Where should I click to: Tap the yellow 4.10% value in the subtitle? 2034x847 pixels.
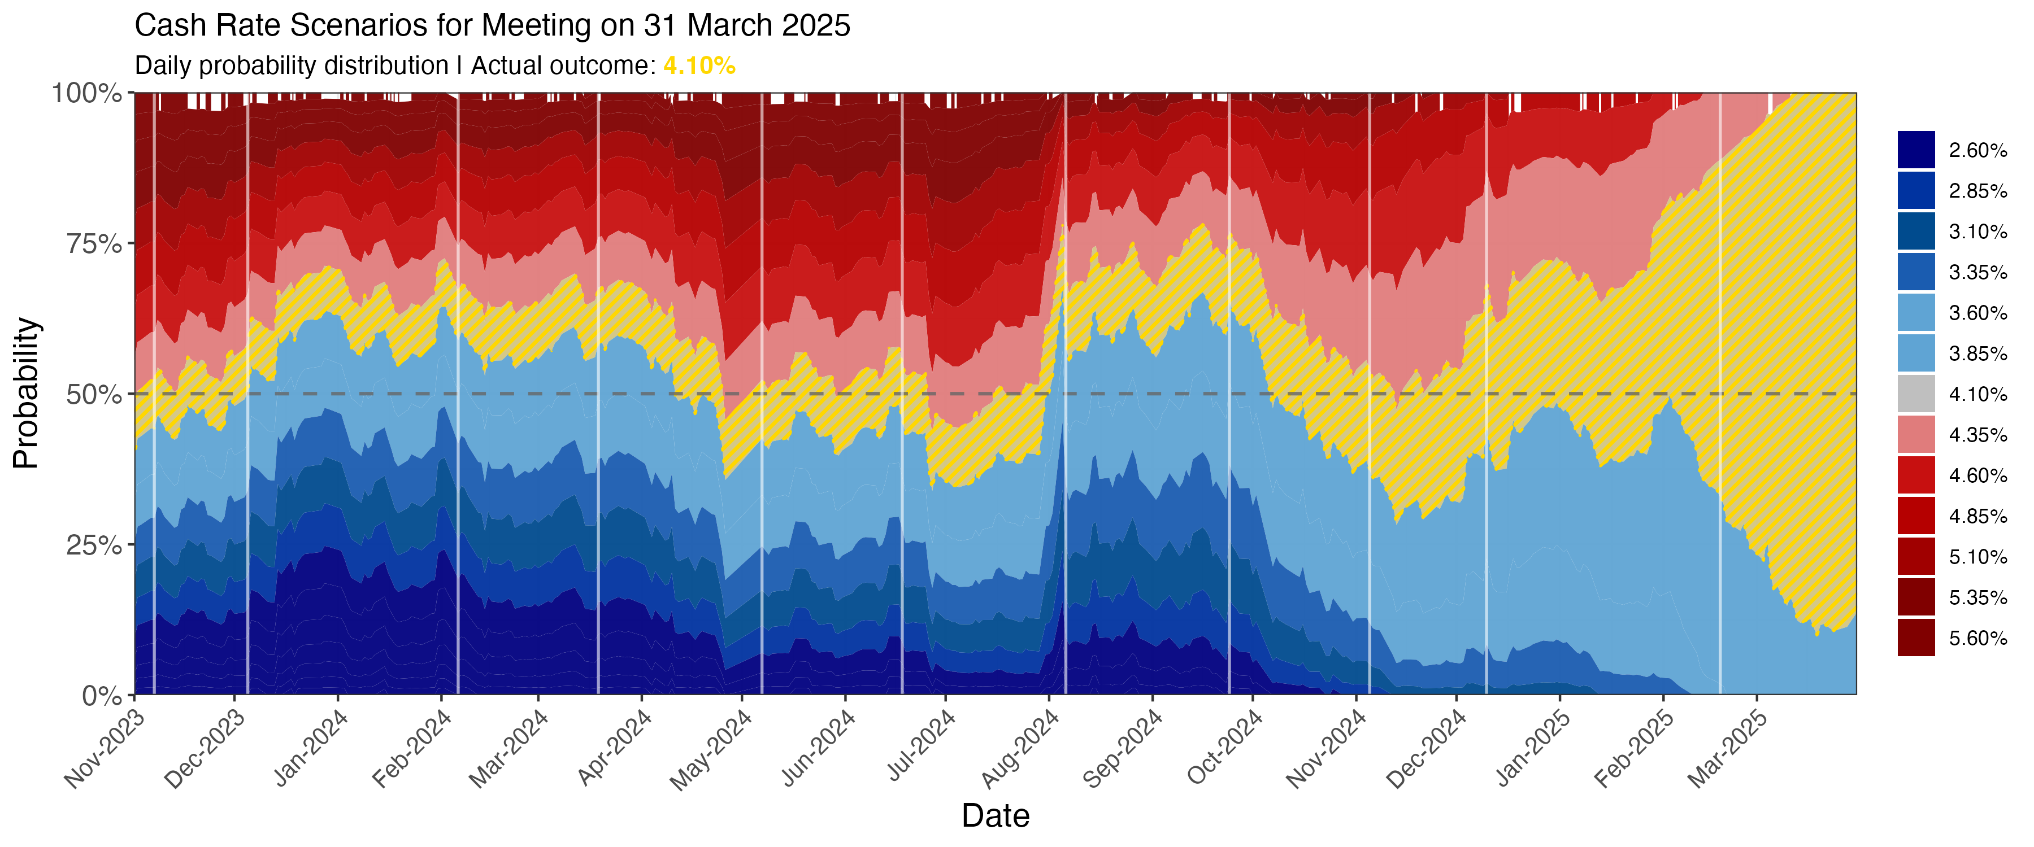tap(699, 66)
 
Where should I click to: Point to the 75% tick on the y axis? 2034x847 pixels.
tap(94, 244)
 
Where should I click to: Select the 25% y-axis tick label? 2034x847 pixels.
tap(94, 545)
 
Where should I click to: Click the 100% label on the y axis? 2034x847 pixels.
tap(87, 93)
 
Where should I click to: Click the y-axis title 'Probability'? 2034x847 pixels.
tap(25, 393)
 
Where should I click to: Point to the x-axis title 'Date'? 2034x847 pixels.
tap(995, 815)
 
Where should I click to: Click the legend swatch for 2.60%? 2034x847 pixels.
tap(1916, 150)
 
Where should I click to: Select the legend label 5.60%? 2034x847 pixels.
tap(1978, 638)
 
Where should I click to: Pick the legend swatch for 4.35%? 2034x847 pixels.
tap(1916, 434)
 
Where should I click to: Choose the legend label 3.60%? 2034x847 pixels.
tap(1978, 313)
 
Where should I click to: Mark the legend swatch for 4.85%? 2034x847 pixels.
tap(1916, 516)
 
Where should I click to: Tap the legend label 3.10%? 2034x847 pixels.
tap(1978, 232)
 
